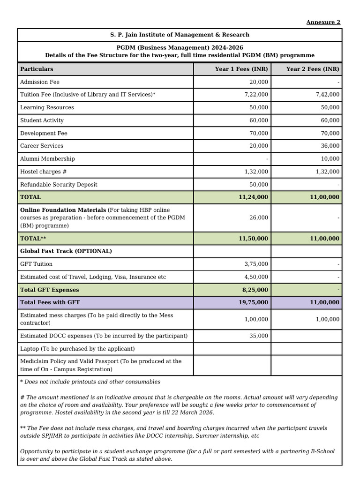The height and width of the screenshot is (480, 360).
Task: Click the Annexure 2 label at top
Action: pos(323,22)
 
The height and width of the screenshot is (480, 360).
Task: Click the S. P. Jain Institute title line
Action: pos(180,35)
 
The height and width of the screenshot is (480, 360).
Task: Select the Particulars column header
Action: pos(37,69)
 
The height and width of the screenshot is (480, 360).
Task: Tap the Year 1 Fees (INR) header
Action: pos(241,69)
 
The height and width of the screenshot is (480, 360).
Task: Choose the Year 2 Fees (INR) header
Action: pos(313,69)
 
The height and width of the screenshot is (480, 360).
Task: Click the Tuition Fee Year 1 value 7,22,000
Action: pos(256,95)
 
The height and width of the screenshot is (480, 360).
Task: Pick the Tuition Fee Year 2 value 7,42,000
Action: pos(328,95)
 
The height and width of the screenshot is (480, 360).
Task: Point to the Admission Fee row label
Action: pos(40,82)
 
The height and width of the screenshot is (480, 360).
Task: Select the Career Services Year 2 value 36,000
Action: pos(330,146)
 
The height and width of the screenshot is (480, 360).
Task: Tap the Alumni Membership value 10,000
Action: pos(330,159)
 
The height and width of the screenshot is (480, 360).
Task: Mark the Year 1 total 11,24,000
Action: pos(254,197)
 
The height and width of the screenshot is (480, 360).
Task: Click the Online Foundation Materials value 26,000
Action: pos(259,218)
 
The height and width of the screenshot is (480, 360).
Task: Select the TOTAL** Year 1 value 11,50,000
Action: pos(254,239)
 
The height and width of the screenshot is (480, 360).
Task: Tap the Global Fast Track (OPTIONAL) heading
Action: pos(66,251)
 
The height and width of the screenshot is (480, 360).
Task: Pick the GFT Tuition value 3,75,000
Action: pos(256,264)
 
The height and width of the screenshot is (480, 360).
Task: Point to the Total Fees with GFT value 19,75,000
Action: pos(254,303)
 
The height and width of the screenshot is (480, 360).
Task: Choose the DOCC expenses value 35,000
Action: pos(259,336)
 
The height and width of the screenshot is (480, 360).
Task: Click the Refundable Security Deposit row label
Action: pos(59,185)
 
